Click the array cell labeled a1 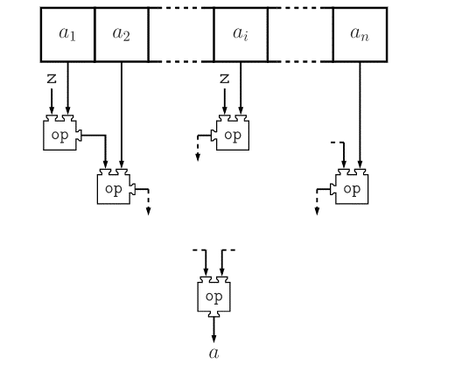pos(67,35)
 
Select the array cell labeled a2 pos(122,35)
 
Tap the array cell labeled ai pos(241,35)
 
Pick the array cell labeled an pos(360,35)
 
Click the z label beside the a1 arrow pos(52,79)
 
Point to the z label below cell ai pos(225,79)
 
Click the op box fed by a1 pos(62,132)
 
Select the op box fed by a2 pos(116,186)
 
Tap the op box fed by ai pos(230,132)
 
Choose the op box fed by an pos(349,186)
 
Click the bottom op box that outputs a pos(213,297)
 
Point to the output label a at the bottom pos(213,354)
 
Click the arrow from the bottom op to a pos(213,330)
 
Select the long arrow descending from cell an pos(360,116)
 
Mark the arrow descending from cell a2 pos(122,116)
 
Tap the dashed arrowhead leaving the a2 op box pos(149,211)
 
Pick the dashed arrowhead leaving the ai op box pos(198,158)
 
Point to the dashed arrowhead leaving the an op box pos(317,211)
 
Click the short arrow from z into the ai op pos(225,102)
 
